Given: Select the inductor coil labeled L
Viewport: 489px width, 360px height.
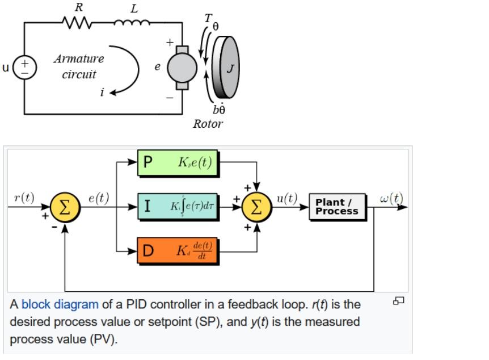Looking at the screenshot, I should [x=133, y=23].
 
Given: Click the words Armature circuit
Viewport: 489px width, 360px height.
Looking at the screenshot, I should [x=79, y=66].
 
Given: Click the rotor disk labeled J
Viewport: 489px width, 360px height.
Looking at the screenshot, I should [x=226, y=68].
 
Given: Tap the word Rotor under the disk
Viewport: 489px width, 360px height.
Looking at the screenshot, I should [x=208, y=124].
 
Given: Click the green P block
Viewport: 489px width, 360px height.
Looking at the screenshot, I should [x=178, y=162].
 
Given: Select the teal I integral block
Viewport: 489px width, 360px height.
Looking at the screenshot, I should [x=178, y=206].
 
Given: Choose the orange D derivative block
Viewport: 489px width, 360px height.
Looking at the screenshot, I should [x=178, y=250].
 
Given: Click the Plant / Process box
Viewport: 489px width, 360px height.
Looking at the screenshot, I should [x=337, y=207].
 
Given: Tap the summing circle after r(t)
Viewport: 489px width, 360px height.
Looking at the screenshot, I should [x=65, y=207].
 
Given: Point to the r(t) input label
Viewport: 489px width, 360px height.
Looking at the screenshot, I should [x=24, y=198].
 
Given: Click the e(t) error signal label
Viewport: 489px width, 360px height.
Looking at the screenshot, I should [x=99, y=198].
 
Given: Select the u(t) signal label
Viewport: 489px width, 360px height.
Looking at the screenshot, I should [x=287, y=198].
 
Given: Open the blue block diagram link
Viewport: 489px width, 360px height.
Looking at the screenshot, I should [x=60, y=304].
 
